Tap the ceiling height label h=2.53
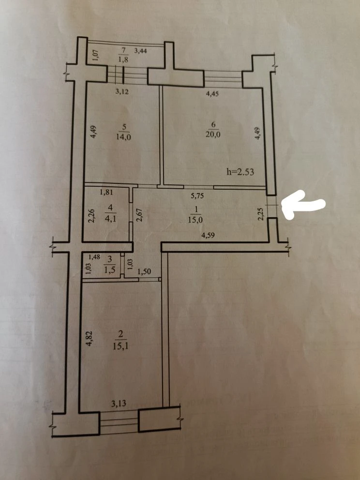tap(240, 172)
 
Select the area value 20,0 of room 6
tap(213, 134)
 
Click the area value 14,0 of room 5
tap(124, 137)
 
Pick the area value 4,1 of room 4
tap(110, 219)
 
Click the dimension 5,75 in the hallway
tap(197, 196)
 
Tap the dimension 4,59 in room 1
tap(208, 236)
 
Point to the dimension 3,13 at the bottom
tap(119, 404)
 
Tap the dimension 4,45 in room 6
tap(212, 94)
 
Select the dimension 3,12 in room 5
tap(122, 91)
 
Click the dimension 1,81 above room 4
tap(106, 193)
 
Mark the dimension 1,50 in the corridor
tap(144, 271)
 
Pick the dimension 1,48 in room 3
tap(94, 257)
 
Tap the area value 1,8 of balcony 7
tap(123, 60)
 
